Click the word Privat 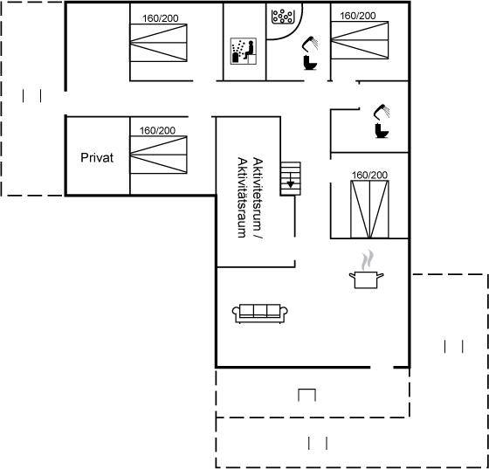pyautogui.click(x=97, y=157)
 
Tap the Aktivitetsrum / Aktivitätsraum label pyautogui.click(x=250, y=197)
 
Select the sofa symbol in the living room pyautogui.click(x=260, y=314)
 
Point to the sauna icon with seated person pyautogui.click(x=244, y=52)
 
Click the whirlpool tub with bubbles pyautogui.click(x=283, y=17)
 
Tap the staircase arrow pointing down pyautogui.click(x=290, y=180)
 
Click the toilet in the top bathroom pyautogui.click(x=310, y=62)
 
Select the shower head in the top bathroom pyautogui.click(x=310, y=43)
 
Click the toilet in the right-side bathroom pyautogui.click(x=382, y=131)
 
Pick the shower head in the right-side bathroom pyautogui.click(x=382, y=112)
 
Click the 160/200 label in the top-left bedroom pyautogui.click(x=161, y=18)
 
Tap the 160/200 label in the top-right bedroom pyautogui.click(x=358, y=16)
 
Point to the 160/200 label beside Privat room pyautogui.click(x=157, y=130)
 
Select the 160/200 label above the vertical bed pyautogui.click(x=369, y=175)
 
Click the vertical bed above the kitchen pyautogui.click(x=369, y=210)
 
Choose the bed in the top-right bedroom pyautogui.click(x=360, y=40)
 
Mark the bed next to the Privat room pyautogui.click(x=158, y=155)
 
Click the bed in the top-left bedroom pyautogui.click(x=158, y=43)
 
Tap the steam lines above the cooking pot pyautogui.click(x=367, y=259)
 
